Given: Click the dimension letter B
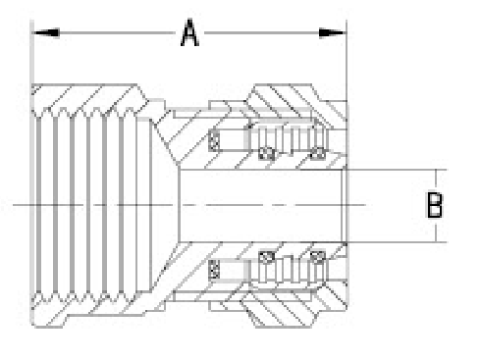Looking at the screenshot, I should point(435,205).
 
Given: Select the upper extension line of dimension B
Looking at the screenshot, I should point(393,169).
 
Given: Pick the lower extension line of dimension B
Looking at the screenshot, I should point(393,241).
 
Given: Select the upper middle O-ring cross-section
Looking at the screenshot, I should point(263,151).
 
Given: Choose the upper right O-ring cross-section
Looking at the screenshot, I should point(316,151).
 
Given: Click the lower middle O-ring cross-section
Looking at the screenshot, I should point(263,258).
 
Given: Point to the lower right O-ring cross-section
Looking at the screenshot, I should point(316,258).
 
